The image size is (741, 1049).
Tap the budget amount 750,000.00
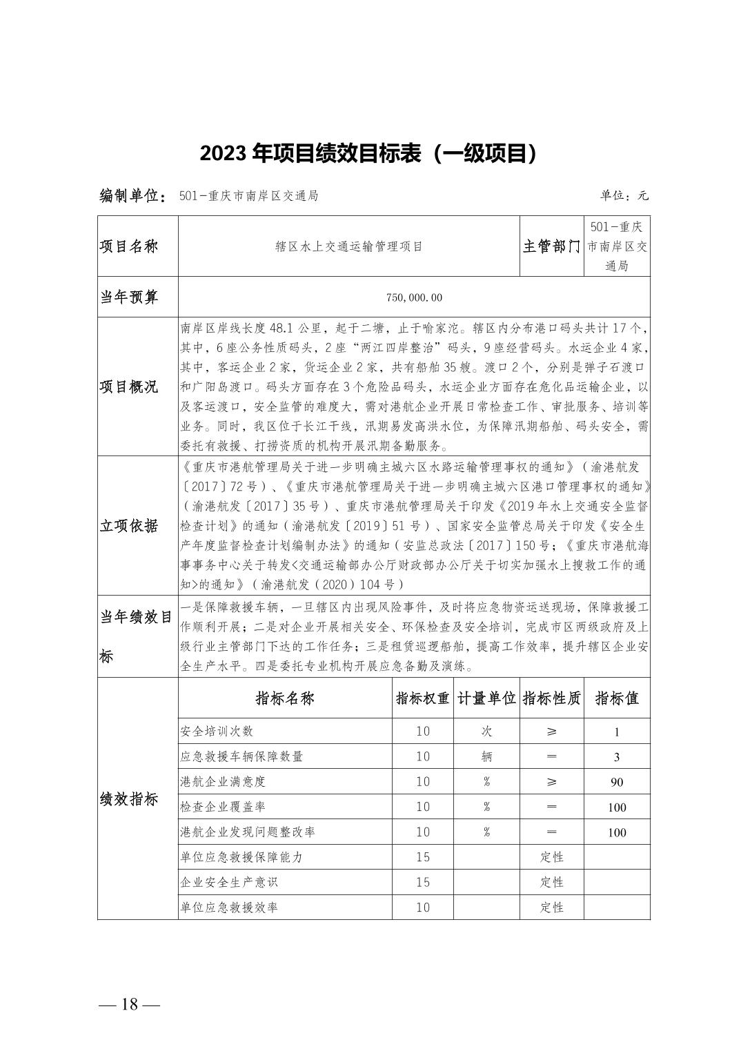tap(414, 297)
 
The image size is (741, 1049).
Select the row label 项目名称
tap(129, 246)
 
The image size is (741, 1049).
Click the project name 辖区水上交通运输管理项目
tap(348, 246)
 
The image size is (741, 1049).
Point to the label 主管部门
tap(551, 246)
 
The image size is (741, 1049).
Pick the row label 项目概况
tap(129, 386)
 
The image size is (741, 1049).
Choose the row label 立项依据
tap(129, 526)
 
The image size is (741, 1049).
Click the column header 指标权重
tap(422, 698)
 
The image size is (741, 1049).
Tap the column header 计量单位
tap(486, 698)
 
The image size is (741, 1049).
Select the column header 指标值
tap(617, 698)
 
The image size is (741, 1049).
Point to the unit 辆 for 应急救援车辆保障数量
tap(486, 757)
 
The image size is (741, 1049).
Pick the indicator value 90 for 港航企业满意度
tap(617, 782)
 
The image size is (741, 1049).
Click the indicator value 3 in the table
tap(617, 757)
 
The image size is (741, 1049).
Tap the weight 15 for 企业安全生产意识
tap(422, 883)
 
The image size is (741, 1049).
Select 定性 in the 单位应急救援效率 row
tap(551, 908)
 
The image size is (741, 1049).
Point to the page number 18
tap(130, 1004)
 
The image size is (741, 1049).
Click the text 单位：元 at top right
tap(624, 196)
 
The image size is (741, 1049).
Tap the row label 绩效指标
tap(129, 800)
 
